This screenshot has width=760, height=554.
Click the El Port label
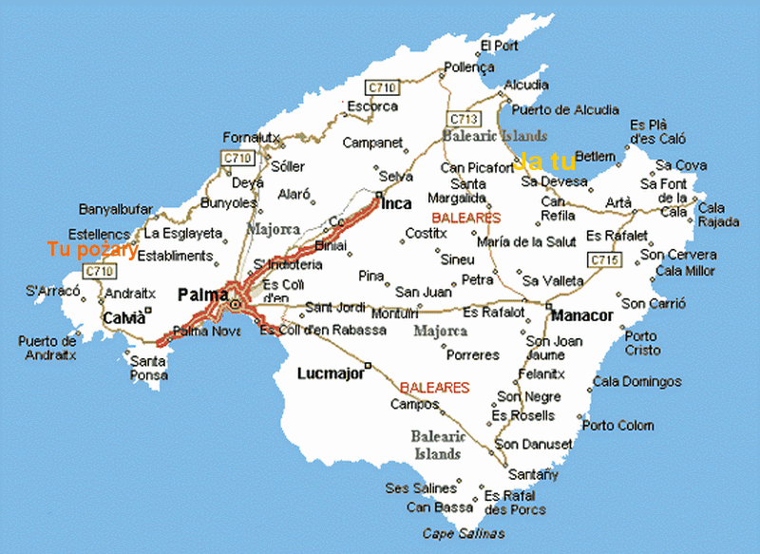(x=500, y=46)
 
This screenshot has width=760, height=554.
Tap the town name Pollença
(x=468, y=68)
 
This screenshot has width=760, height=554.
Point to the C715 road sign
(x=603, y=259)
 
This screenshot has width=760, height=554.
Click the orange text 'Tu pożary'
(x=93, y=250)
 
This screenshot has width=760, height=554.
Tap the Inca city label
(x=396, y=203)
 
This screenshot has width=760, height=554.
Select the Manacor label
(x=583, y=315)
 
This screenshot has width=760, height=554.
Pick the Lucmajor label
(x=331, y=373)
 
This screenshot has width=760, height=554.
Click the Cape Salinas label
(x=464, y=533)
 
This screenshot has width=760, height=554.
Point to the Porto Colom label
(x=617, y=426)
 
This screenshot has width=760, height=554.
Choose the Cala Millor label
(x=685, y=272)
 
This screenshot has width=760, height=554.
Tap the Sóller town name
(x=288, y=166)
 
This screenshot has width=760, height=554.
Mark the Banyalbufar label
(x=115, y=208)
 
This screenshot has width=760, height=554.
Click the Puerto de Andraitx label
(x=47, y=349)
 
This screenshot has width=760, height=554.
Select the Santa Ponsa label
(x=149, y=368)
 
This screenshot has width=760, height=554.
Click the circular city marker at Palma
(x=235, y=304)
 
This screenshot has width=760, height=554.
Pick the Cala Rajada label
(x=717, y=215)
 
